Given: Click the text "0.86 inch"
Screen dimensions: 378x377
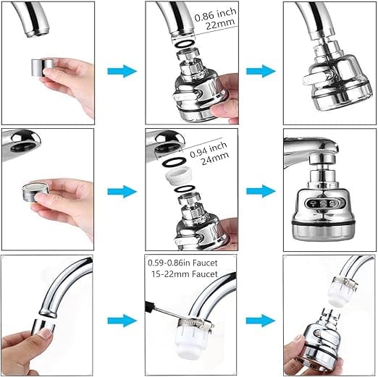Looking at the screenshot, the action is [x=215, y=14].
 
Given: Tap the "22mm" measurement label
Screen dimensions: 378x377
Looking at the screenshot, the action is [x=220, y=25].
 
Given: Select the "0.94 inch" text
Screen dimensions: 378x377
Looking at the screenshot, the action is [x=209, y=150].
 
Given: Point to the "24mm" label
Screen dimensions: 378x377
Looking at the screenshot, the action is [x=215, y=158].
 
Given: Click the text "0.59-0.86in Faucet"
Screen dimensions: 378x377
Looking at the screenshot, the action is [x=182, y=263].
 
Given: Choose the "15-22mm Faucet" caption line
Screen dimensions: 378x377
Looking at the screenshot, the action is [x=185, y=274].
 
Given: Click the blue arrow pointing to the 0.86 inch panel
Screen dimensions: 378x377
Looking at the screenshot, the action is [x=122, y=71].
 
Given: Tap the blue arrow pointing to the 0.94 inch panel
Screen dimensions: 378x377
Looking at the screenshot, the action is [x=122, y=192].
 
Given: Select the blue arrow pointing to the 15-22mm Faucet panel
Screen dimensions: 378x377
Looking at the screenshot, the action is [x=122, y=321].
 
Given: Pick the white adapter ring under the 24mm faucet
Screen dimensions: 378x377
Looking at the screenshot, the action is [x=179, y=176].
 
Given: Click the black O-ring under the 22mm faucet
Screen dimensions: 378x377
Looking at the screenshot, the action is [x=185, y=43].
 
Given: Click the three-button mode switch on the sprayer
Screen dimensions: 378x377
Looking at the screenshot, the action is [x=323, y=203].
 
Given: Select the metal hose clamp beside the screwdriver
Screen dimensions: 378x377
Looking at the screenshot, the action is [x=196, y=323].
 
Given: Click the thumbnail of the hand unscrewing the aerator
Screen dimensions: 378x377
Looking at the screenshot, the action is [x=47, y=315].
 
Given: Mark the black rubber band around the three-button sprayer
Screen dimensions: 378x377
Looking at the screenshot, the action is [x=323, y=221].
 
